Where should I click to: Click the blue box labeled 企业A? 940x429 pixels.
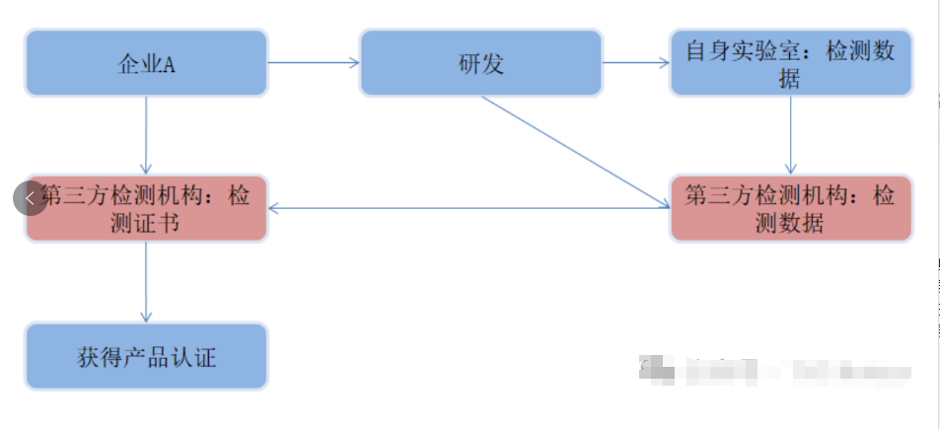point(146,63)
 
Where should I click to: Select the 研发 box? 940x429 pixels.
point(480,63)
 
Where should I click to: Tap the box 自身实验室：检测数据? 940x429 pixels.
point(790,63)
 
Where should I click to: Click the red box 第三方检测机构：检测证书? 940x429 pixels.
point(146,209)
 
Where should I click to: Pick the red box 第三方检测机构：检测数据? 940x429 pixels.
point(790,209)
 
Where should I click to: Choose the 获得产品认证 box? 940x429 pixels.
point(146,356)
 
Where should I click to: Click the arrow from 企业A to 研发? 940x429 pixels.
point(314,63)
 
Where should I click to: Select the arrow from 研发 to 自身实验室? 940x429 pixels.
point(635,63)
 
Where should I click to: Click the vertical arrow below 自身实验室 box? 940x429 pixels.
point(790,135)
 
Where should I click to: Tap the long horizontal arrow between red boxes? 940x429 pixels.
point(469,208)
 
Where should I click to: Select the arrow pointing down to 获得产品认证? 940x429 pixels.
point(146,281)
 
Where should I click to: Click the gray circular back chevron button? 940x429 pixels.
point(30,198)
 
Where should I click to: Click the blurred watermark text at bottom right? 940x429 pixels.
point(774,371)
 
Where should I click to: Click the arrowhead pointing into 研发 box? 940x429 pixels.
point(354,63)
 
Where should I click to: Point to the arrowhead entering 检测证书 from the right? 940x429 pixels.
point(275,208)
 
